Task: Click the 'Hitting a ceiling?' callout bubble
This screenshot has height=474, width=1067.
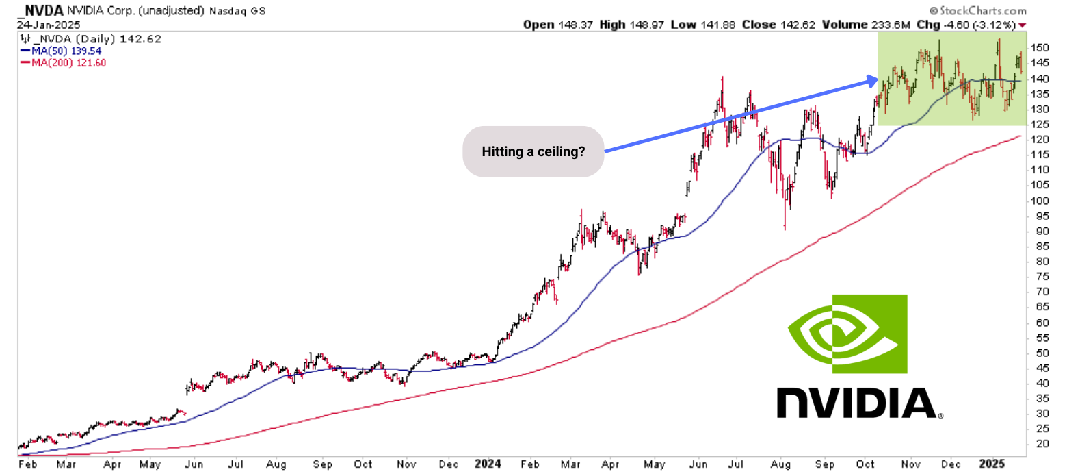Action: pos(533,151)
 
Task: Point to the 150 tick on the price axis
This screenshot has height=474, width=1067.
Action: pos(1040,48)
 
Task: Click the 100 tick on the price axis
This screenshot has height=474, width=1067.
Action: pos(1040,201)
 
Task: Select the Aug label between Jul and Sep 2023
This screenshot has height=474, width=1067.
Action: pos(276,464)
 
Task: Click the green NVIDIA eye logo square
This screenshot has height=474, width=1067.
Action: pos(848,334)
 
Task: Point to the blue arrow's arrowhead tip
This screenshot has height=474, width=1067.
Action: pos(876,80)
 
